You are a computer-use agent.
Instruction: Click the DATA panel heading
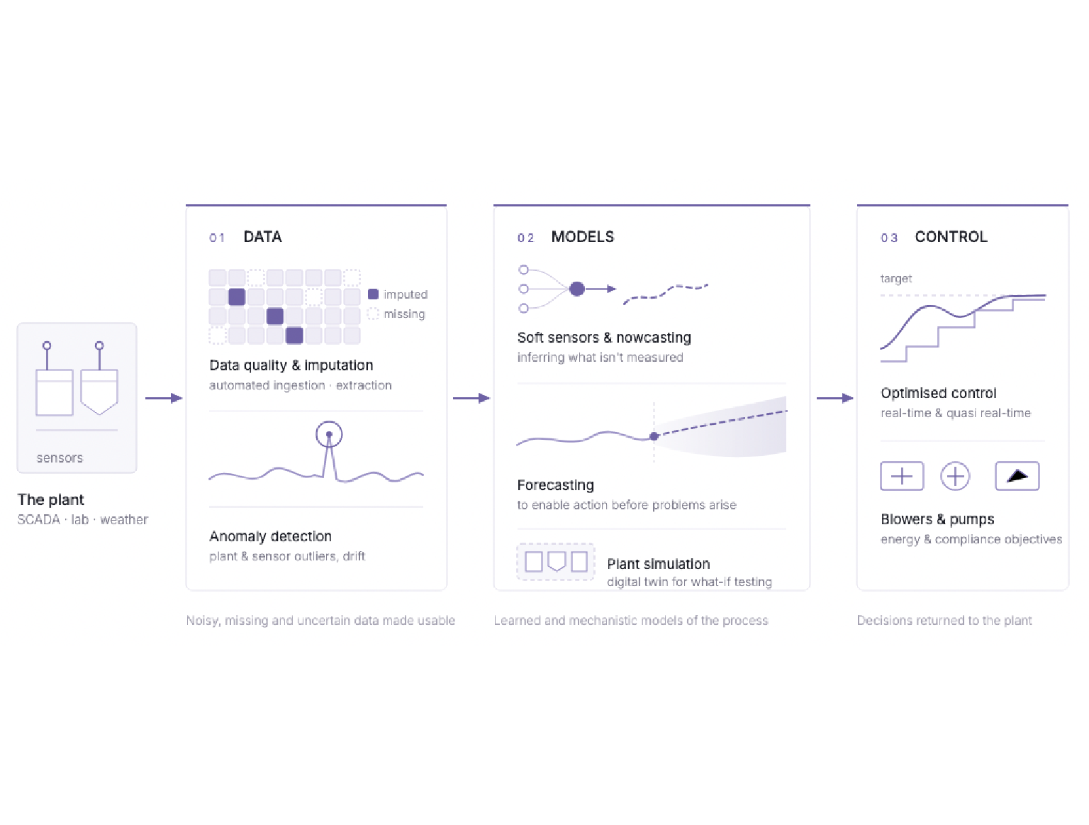262,237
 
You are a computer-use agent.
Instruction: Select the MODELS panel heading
583,237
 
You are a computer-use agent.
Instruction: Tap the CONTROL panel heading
951,237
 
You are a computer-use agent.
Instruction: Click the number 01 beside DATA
217,238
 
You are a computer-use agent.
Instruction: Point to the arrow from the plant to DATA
164,398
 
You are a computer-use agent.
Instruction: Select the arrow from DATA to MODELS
471,398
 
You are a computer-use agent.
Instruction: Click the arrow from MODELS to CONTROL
835,398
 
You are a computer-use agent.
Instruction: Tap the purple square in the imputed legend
373,294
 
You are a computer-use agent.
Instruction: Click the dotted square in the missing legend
373,314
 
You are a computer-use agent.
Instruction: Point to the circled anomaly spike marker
329,434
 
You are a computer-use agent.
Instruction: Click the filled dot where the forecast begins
654,436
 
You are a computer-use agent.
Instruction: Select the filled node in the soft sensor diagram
576,289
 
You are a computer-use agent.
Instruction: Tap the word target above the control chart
896,279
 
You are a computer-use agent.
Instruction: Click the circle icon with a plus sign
955,477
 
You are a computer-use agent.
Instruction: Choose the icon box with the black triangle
1017,476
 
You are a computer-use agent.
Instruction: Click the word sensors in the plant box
60,458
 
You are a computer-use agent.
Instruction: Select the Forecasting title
555,485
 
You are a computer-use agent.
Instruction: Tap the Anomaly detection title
270,536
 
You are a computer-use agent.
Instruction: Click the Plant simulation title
659,564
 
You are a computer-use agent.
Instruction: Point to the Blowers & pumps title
937,519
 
